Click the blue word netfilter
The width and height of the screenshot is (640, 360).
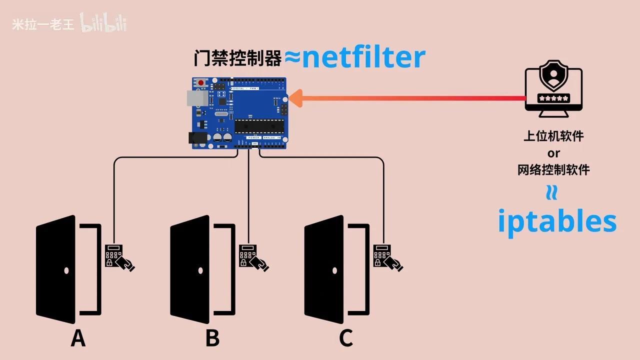[x=363, y=57]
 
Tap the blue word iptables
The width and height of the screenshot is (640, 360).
[x=556, y=221]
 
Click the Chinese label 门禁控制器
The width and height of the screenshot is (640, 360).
[x=238, y=58]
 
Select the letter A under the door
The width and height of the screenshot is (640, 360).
[x=78, y=338]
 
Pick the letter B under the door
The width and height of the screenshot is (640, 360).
[x=212, y=338]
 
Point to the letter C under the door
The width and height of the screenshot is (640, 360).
[x=346, y=338]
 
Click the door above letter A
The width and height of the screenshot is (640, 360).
[x=56, y=270]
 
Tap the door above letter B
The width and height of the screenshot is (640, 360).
[x=190, y=270]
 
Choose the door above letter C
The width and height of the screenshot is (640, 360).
[x=324, y=270]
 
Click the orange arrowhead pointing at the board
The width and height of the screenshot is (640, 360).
[x=296, y=98]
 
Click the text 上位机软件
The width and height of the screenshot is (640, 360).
[x=553, y=136]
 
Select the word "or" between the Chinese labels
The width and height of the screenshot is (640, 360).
[x=553, y=152]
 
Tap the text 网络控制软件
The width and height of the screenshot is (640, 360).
[x=553, y=169]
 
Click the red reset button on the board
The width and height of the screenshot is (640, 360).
[x=201, y=83]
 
